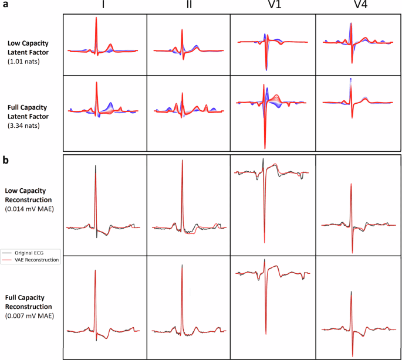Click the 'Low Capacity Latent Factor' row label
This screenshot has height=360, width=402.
pyautogui.click(x=32, y=47)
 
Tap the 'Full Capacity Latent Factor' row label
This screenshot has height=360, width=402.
pyautogui.click(x=32, y=111)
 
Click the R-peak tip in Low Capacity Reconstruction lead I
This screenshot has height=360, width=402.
pyautogui.click(x=96, y=166)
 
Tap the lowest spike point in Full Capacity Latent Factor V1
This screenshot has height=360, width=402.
pyautogui.click(x=265, y=148)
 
